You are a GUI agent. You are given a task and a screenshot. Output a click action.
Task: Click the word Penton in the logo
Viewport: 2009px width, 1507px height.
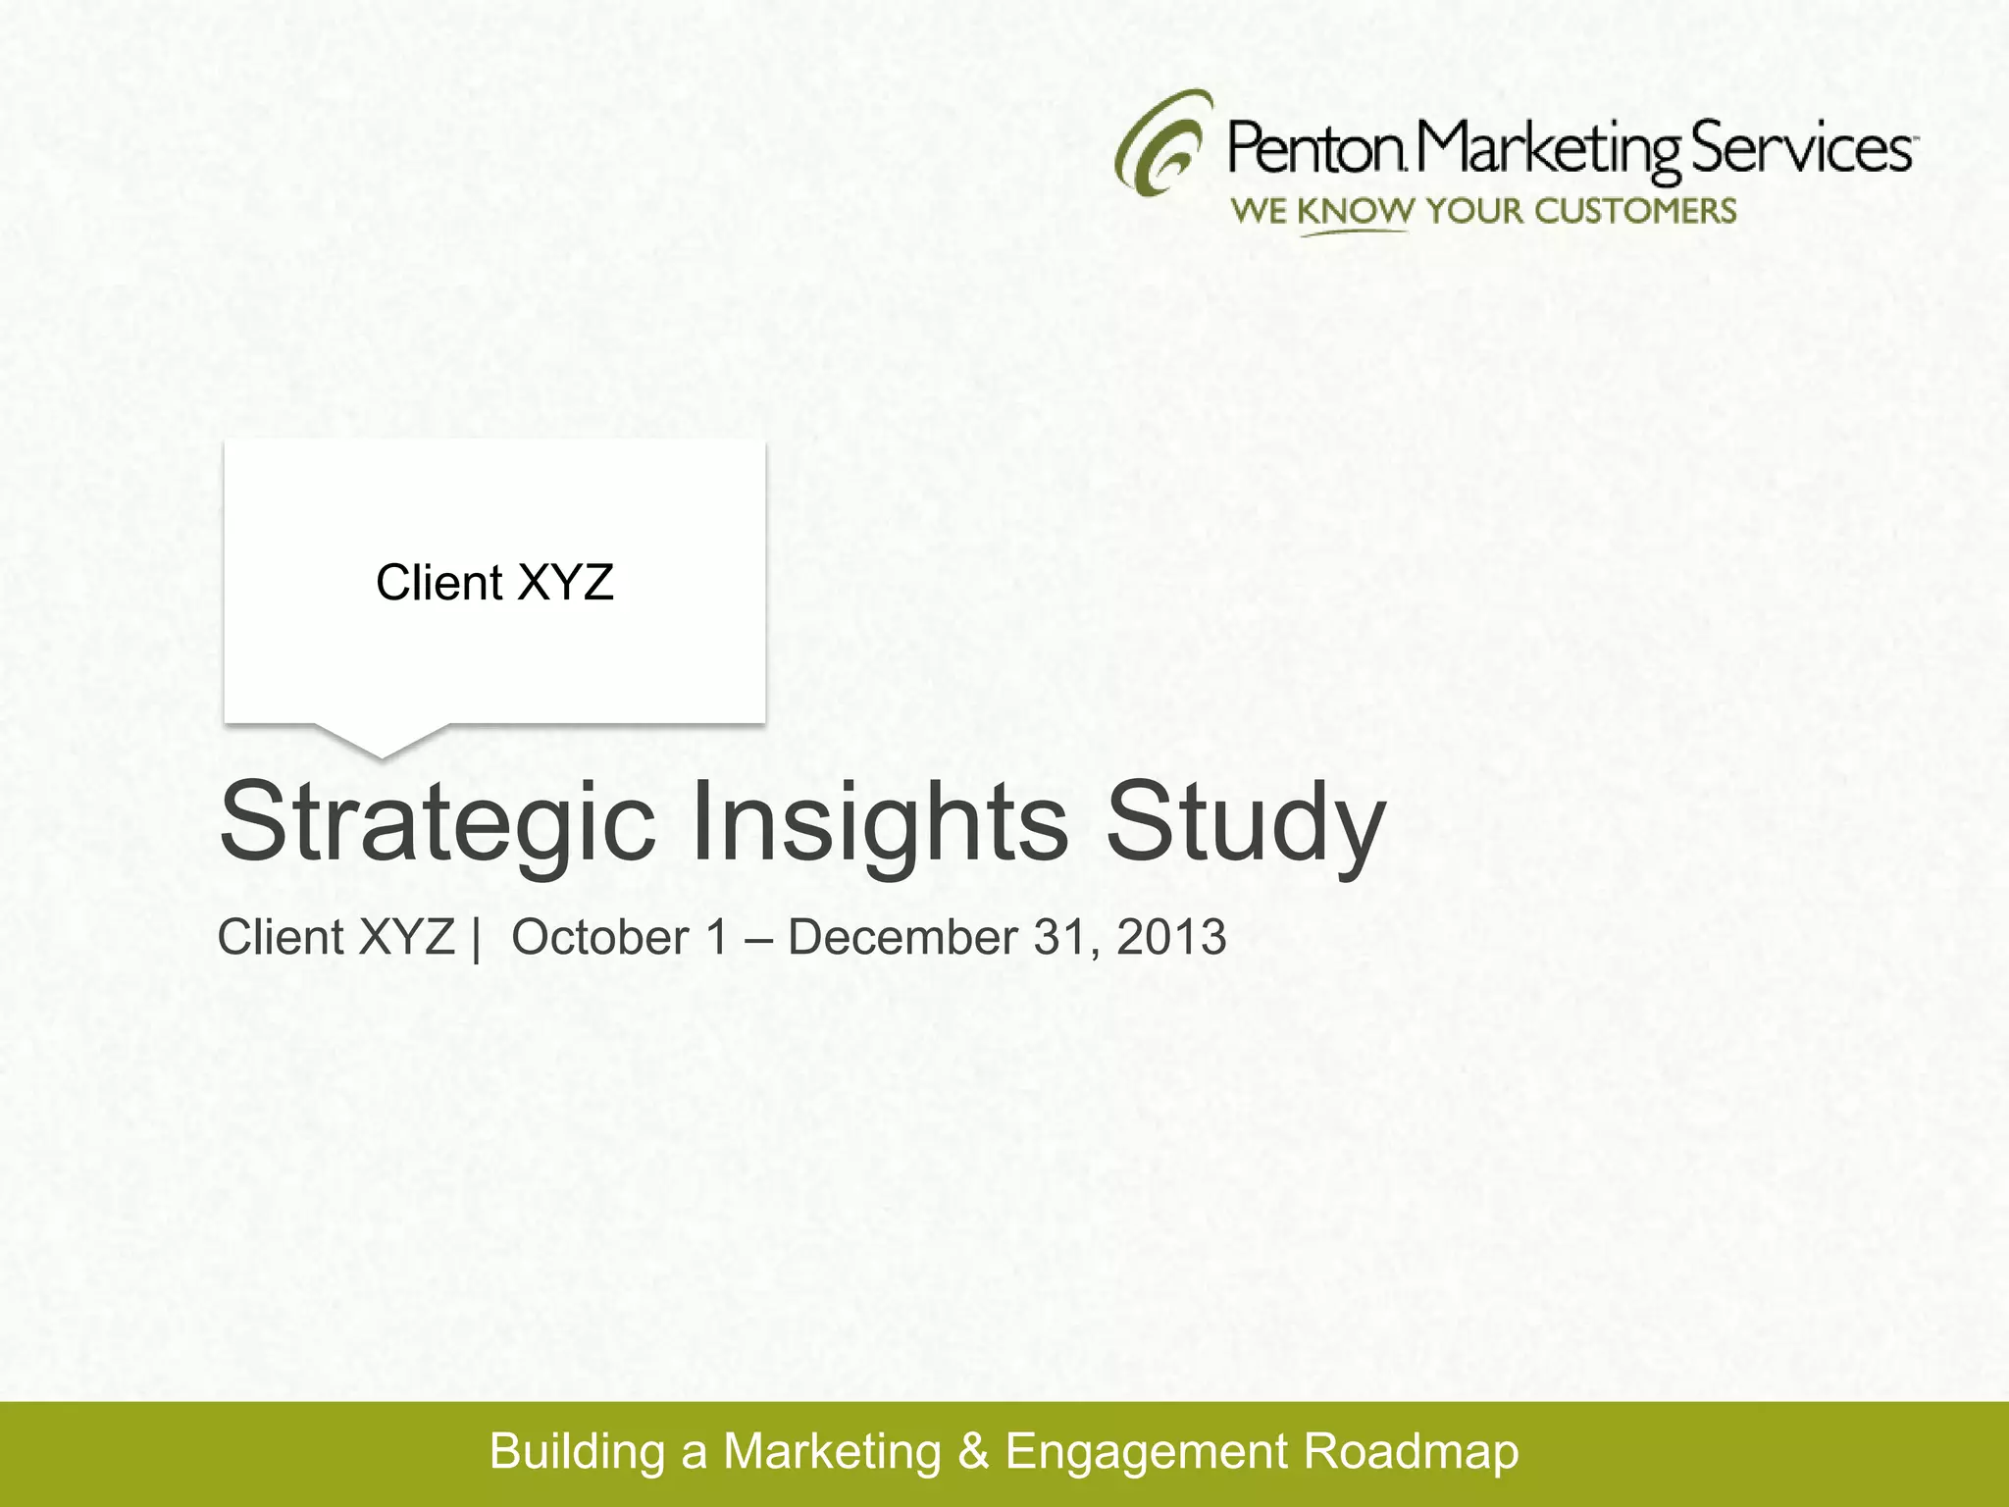(1314, 149)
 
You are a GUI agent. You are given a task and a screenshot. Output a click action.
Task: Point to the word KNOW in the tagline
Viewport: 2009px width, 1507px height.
(1355, 211)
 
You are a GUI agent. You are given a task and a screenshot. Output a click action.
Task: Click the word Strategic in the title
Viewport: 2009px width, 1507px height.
(438, 821)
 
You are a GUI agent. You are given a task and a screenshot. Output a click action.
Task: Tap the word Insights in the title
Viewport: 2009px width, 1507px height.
(879, 821)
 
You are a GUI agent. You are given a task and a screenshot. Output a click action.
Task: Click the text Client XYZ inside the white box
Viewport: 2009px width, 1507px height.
(494, 583)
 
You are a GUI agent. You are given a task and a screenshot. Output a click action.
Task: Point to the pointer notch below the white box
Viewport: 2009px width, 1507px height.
(382, 742)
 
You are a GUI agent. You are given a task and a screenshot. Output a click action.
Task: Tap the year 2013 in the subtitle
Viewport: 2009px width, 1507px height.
(1171, 937)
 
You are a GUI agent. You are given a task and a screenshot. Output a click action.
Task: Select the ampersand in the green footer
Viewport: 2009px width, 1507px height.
(973, 1451)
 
